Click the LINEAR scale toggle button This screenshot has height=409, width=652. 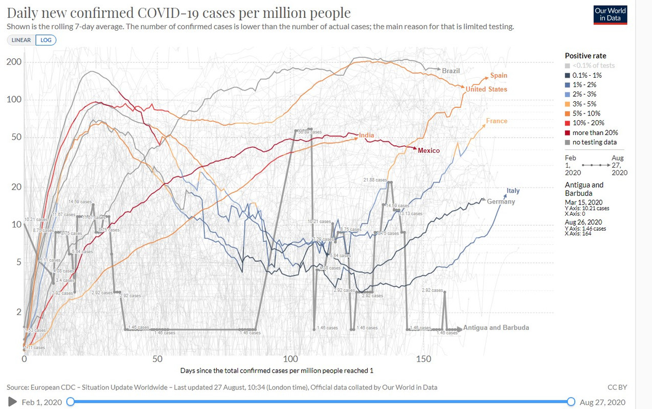[x=21, y=40]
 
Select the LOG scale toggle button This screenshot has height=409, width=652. [x=46, y=40]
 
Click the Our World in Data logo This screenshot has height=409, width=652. [x=611, y=15]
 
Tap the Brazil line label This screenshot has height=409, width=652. [x=451, y=71]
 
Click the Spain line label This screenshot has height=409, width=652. [x=499, y=76]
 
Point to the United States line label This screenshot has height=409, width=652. [x=486, y=89]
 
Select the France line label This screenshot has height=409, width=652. [x=497, y=121]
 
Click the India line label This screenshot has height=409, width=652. [x=366, y=135]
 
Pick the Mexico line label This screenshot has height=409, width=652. [x=429, y=151]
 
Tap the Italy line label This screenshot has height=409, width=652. [x=513, y=191]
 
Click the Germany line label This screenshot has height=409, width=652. [x=501, y=201]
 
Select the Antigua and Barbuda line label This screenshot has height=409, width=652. [x=496, y=328]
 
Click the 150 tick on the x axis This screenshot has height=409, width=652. [x=424, y=359]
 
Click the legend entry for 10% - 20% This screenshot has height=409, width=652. [x=588, y=123]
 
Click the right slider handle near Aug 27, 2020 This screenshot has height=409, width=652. [x=571, y=402]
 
